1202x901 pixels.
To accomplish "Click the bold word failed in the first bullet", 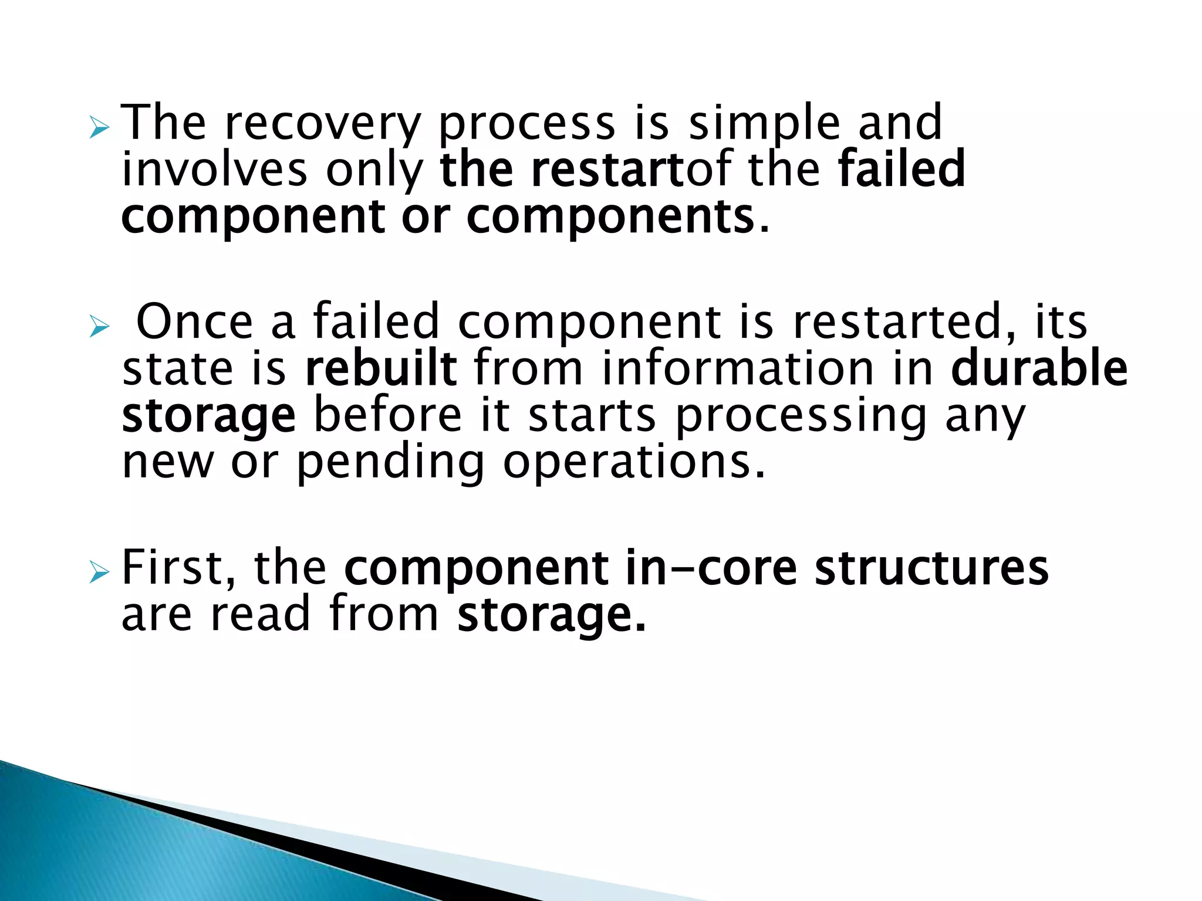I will tap(901, 170).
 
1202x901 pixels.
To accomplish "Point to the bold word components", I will tap(610, 216).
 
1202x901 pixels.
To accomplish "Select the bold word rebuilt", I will tap(381, 368).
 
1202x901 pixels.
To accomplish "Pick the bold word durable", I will tap(1039, 368).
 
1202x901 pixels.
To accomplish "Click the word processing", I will tap(801, 416).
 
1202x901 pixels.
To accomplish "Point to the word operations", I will tap(634, 463).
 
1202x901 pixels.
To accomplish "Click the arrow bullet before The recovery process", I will tap(99, 127).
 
